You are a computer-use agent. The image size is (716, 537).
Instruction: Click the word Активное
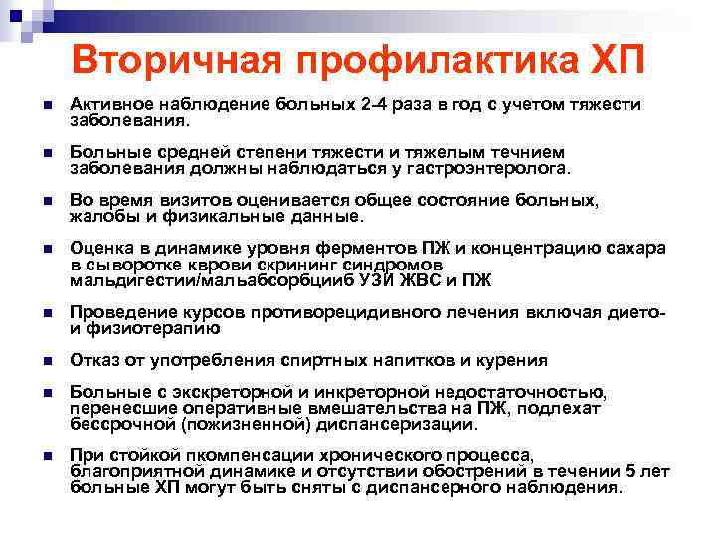tap(109, 105)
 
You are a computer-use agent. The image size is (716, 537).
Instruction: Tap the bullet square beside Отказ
tap(36, 360)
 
